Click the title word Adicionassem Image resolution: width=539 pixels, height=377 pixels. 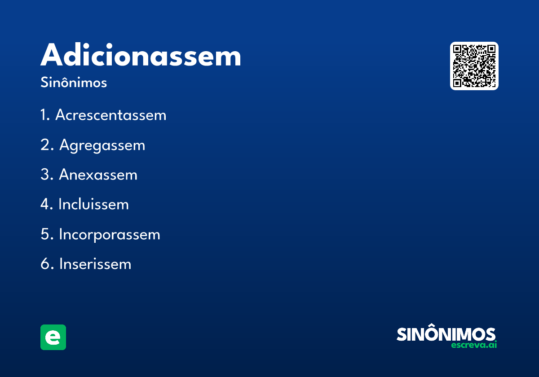[141, 56]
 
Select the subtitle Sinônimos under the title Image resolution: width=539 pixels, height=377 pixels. [74, 83]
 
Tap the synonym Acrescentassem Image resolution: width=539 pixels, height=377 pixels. [110, 115]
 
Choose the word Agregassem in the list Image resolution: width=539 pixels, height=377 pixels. [102, 145]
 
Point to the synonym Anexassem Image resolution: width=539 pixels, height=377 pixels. [98, 175]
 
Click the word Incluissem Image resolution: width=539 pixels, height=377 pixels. [93, 205]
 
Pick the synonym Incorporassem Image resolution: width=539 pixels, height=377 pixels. [109, 234]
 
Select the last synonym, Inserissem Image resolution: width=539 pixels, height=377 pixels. [95, 264]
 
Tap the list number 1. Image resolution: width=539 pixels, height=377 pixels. [44, 115]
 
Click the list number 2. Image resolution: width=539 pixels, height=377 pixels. [46, 145]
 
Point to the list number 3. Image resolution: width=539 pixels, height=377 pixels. [46, 175]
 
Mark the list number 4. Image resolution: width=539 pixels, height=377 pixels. [46, 205]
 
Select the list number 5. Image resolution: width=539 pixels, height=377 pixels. [46, 234]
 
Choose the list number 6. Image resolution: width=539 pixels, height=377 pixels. [46, 264]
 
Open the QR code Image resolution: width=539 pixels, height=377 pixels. [474, 66]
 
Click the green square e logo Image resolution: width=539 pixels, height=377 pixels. [53, 337]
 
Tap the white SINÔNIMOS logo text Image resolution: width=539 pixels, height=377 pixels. [446, 334]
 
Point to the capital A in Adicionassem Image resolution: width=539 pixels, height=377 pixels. [53, 56]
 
